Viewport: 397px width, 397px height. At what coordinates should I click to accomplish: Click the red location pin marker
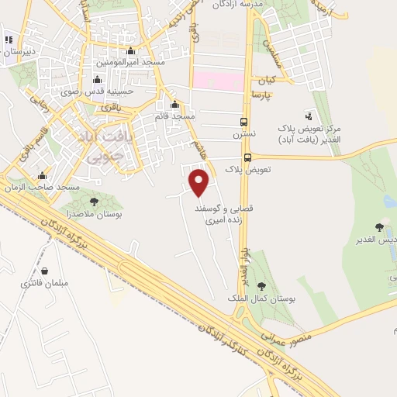199,183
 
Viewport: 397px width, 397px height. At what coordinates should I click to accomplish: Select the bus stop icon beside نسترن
244,123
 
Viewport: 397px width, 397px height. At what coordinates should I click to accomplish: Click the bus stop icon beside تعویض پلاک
247,157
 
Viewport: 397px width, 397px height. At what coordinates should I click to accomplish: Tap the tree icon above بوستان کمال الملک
261,287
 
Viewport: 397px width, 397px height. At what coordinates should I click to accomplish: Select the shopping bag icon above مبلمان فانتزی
46,271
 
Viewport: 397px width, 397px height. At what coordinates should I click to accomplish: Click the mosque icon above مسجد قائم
174,105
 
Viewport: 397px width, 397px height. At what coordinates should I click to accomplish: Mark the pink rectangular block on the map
216,80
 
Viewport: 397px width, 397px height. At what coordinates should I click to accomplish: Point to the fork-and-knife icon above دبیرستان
9,40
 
